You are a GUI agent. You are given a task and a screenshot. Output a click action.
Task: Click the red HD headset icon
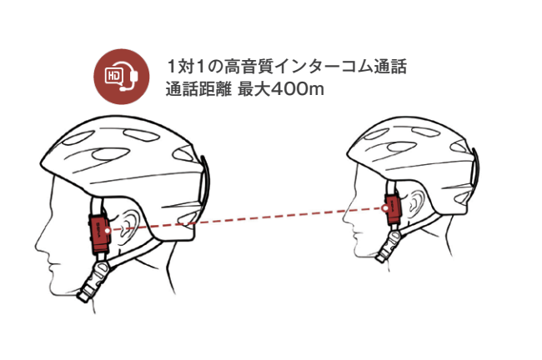pos(118,76)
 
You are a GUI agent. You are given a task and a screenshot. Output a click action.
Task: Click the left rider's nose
pos(37,242)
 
